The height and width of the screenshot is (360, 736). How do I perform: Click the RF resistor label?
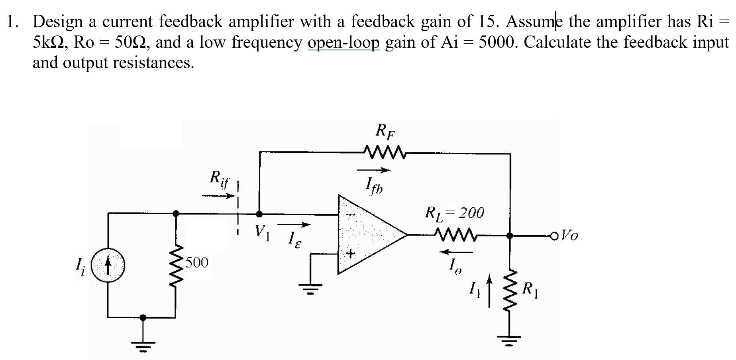tap(386, 131)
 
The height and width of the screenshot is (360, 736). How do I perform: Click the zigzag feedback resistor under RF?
tap(384, 152)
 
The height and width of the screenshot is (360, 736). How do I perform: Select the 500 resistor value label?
tap(197, 262)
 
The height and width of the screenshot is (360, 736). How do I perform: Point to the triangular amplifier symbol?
tap(369, 235)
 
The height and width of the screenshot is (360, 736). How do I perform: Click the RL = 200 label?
tap(455, 213)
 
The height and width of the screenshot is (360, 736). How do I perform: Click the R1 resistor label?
tap(530, 289)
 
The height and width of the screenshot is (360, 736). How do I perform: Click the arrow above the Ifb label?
tap(373, 171)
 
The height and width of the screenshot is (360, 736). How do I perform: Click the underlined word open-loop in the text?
tap(344, 42)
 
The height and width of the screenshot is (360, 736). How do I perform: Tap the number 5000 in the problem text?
tap(499, 42)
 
